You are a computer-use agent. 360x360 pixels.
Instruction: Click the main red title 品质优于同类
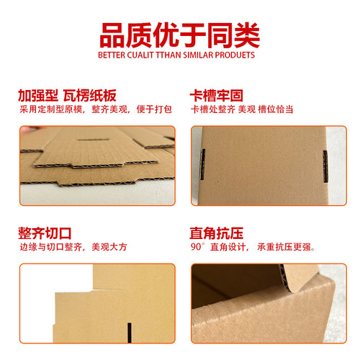[x=179, y=34]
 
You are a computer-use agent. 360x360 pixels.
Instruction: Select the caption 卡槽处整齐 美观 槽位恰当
[x=240, y=109]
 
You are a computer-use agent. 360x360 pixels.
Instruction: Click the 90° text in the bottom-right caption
[x=197, y=247]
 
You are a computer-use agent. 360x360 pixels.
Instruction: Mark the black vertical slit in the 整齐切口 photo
[x=128, y=333]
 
